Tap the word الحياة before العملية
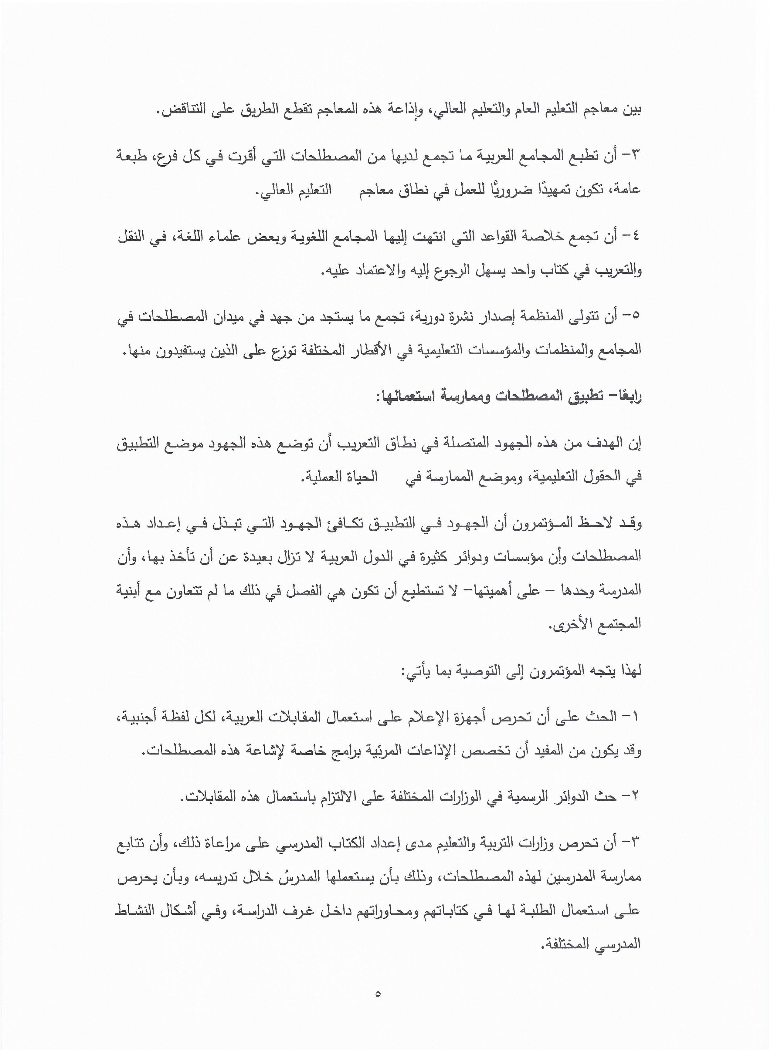(361, 477)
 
